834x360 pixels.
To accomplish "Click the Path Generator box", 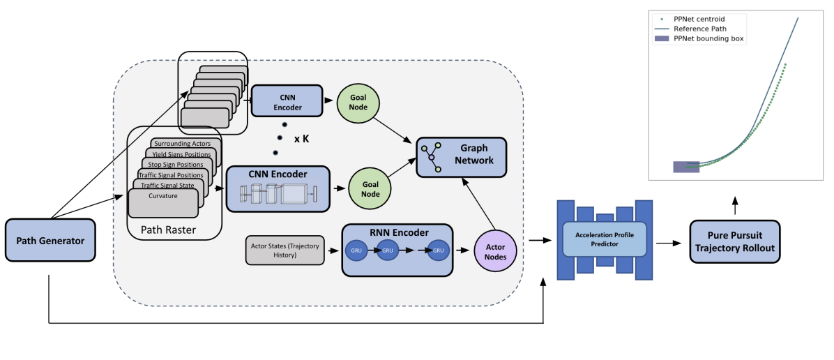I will point(50,241).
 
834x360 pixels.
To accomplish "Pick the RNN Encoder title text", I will point(394,233).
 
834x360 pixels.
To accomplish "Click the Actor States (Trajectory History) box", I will point(285,250).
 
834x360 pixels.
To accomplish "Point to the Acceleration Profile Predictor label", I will point(605,239).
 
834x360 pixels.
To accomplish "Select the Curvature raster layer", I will point(163,196).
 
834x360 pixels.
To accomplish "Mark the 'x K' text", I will point(301,139).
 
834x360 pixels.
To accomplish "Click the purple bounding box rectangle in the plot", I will point(685,166).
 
